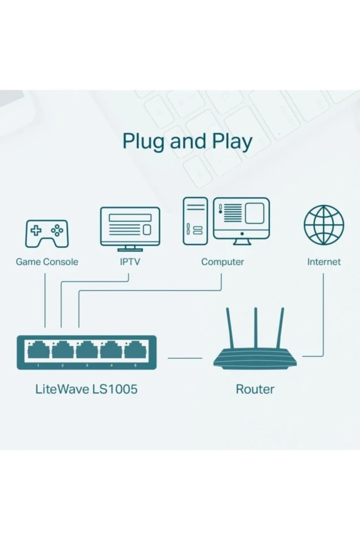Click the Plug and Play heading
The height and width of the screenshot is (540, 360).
coord(187,140)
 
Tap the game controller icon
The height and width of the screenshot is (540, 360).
coord(47,234)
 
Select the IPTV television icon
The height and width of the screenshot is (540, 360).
coord(130,229)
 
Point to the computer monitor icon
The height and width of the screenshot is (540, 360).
coord(241,220)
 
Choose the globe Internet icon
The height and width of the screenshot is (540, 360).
coord(324,225)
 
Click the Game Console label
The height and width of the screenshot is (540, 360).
coord(47,262)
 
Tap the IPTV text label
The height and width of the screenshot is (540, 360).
coord(130,262)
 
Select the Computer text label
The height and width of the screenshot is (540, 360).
coord(223,262)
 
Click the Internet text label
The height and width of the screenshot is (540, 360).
coord(324,262)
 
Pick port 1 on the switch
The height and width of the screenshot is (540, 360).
coord(38,350)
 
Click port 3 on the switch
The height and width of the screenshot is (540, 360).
coord(86,350)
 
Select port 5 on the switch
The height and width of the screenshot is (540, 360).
coord(134,350)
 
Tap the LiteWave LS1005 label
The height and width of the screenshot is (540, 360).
coord(86,389)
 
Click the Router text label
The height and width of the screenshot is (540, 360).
coord(255,389)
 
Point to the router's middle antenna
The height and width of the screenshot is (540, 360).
coord(255,329)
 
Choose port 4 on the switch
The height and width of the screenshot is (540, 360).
coord(111,350)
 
